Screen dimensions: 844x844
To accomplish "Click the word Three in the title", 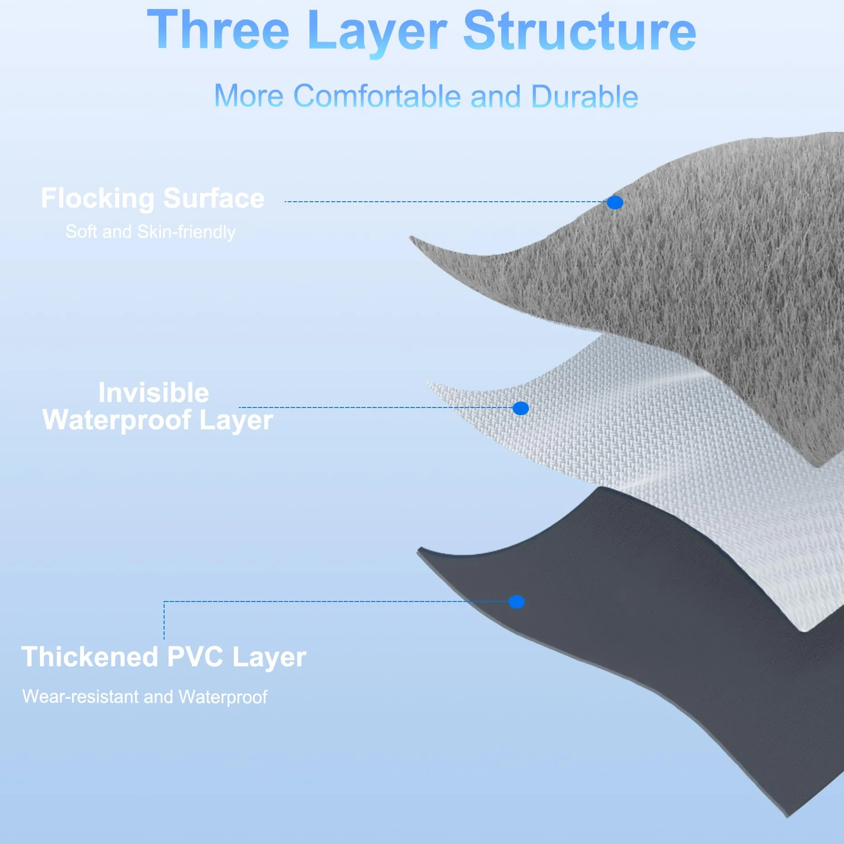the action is click(218, 30).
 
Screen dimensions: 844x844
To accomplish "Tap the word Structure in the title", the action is click(579, 30).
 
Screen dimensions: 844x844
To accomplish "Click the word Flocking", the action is click(98, 199).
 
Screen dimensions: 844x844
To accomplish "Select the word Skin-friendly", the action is click(186, 232).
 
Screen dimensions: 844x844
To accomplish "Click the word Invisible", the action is click(154, 392).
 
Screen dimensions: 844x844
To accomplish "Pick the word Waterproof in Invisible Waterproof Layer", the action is click(116, 420).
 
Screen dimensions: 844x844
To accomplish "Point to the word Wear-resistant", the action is click(80, 697).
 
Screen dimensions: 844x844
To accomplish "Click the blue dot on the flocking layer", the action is click(615, 203).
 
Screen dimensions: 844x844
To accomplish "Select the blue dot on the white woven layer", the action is click(521, 408).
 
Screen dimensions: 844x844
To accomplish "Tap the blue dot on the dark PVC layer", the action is click(517, 602).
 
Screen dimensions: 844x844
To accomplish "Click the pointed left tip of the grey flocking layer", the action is click(411, 237).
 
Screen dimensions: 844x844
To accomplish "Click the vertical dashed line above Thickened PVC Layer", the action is click(164, 620).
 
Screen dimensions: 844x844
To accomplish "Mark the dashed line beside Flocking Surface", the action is click(446, 202).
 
